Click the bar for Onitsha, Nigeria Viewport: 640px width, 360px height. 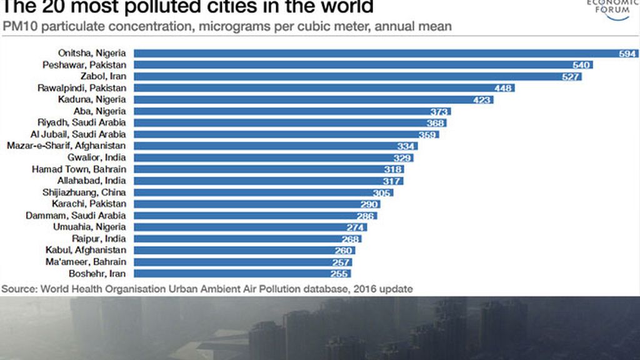click(x=375, y=53)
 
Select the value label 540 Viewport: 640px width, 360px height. click(x=582, y=65)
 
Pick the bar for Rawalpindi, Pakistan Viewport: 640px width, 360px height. click(x=312, y=88)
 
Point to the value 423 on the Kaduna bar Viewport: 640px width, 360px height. click(x=482, y=99)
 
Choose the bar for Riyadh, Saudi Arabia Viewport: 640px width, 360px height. click(x=281, y=123)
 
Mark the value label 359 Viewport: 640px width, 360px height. click(x=428, y=134)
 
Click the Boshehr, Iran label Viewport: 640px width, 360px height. click(x=99, y=273)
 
